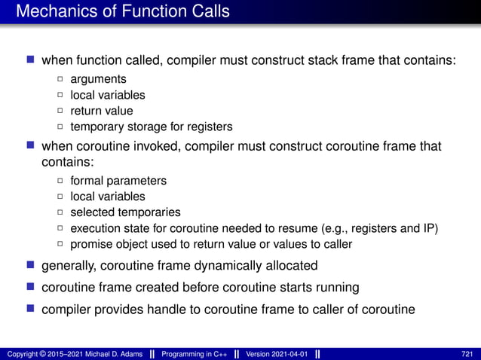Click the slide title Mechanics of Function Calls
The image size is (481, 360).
(x=123, y=12)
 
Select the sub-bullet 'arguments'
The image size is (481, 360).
(x=98, y=79)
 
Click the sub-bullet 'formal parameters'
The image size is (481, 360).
(x=118, y=181)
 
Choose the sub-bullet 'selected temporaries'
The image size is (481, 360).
(x=125, y=212)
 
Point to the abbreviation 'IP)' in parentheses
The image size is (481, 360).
(x=430, y=228)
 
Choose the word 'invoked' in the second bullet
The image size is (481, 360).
(x=151, y=146)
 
